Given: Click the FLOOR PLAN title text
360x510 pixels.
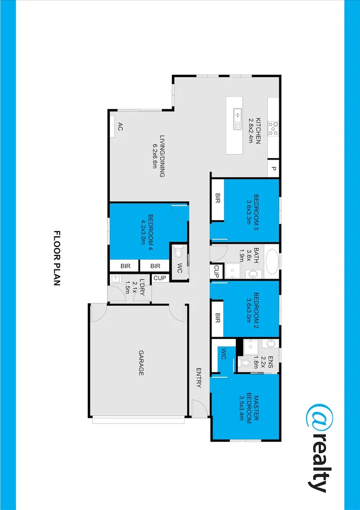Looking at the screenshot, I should [58, 259].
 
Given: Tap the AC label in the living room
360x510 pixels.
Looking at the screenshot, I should [120, 126].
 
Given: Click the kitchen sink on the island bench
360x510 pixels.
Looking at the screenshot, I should [237, 118].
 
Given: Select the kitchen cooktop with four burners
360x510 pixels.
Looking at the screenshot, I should [273, 128].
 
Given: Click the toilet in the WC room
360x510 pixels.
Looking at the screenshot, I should [178, 254].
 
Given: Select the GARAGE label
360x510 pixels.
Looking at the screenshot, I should [141, 363].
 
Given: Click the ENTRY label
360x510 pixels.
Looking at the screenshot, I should [199, 378].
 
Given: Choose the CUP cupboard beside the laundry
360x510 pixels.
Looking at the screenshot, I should [159, 278].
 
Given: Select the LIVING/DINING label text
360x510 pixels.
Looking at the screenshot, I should [159, 156].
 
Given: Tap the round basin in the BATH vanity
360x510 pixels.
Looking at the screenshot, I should [251, 273].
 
